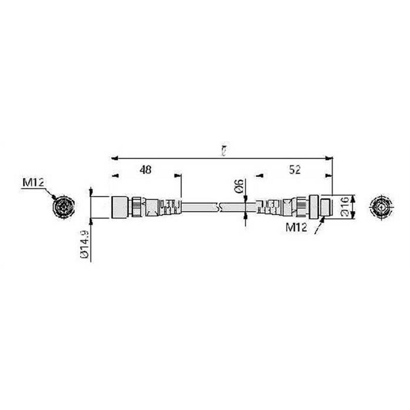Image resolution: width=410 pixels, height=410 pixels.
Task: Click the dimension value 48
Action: [x=145, y=170]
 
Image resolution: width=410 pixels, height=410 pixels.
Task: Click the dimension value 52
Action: [x=294, y=170]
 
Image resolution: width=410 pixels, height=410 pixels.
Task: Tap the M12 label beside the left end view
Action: [x=33, y=183]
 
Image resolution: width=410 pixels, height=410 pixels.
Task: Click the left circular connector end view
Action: [x=64, y=206]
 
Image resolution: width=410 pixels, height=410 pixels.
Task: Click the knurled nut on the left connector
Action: [x=135, y=207]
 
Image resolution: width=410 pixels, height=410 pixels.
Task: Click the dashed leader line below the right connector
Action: [x=319, y=227]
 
